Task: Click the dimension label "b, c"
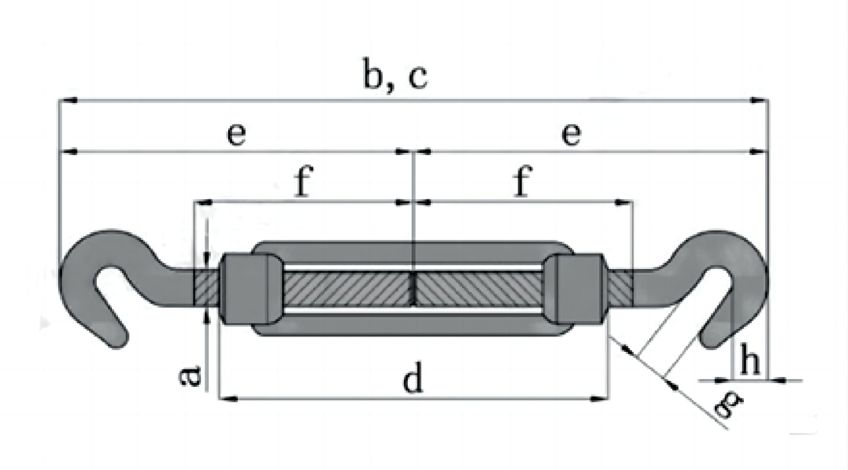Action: click(x=395, y=76)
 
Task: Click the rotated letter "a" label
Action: click(x=190, y=377)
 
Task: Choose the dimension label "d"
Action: click(x=413, y=379)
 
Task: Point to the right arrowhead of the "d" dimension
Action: click(x=601, y=399)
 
